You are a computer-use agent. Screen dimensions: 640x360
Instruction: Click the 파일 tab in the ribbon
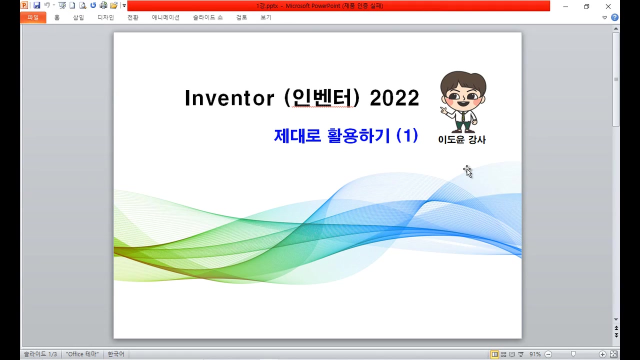pyautogui.click(x=33, y=17)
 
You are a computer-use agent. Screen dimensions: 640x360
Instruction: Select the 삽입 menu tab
pyautogui.click(x=78, y=17)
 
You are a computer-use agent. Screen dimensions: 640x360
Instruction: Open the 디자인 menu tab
pyautogui.click(x=105, y=17)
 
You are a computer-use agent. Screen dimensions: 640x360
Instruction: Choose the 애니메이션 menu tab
pyautogui.click(x=165, y=17)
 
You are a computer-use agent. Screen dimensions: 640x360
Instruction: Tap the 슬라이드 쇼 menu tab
pyautogui.click(x=207, y=17)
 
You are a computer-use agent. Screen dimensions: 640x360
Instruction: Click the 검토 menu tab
pyautogui.click(x=241, y=17)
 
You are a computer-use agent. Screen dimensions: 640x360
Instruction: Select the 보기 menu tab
pyautogui.click(x=265, y=17)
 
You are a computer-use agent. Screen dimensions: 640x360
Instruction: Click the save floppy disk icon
pyautogui.click(x=37, y=5)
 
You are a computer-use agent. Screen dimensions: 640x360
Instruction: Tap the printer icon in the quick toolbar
pyautogui.click(x=103, y=5)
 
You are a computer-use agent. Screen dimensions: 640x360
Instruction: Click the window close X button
pyautogui.click(x=608, y=6)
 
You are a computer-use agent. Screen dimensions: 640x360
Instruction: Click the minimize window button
pyautogui.click(x=565, y=6)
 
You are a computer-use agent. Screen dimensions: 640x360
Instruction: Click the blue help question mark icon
pyautogui.click(x=615, y=17)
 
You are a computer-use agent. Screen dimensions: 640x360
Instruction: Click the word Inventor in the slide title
pyautogui.click(x=229, y=98)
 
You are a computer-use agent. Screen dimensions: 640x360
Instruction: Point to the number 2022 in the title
pyautogui.click(x=394, y=98)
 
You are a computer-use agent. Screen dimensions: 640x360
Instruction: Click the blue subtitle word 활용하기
pyautogui.click(x=358, y=135)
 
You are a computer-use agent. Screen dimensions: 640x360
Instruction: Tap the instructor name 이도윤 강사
pyautogui.click(x=461, y=139)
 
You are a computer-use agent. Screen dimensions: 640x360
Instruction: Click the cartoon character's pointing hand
pyautogui.click(x=443, y=110)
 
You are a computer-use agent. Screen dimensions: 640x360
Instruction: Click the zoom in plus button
pyautogui.click(x=602, y=354)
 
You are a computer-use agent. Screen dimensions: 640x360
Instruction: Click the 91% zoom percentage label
pyautogui.click(x=534, y=354)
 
